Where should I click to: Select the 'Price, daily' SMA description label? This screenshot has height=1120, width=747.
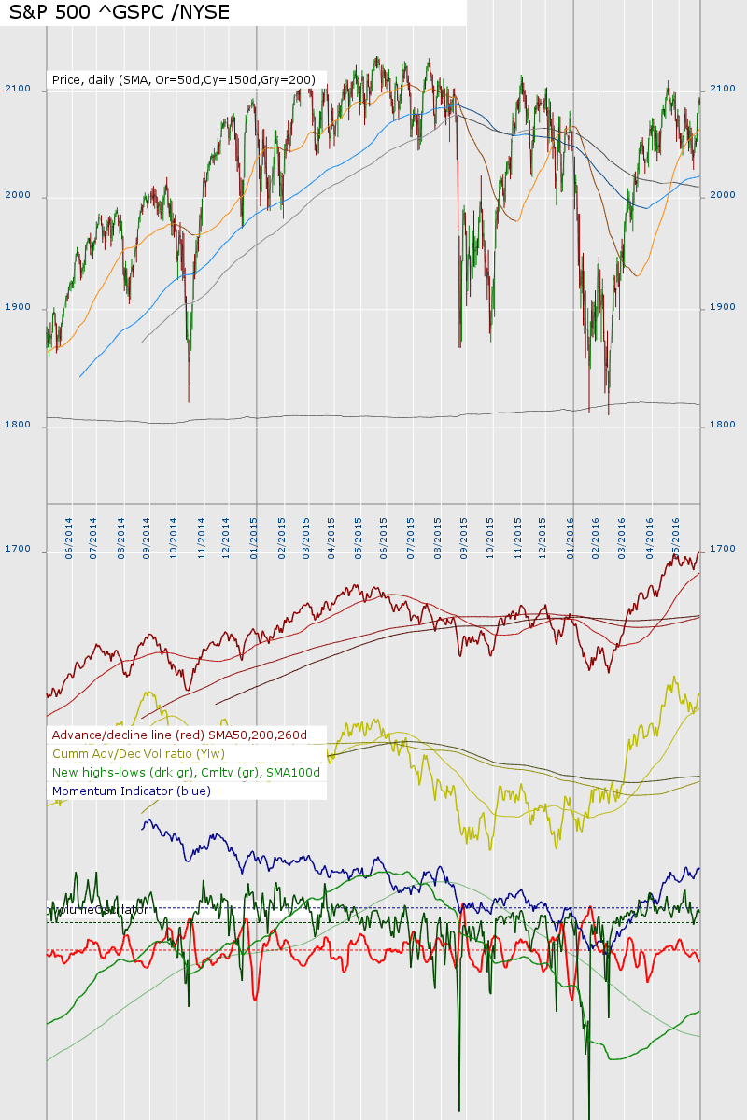click(x=183, y=80)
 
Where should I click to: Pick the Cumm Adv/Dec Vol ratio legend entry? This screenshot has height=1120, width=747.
click(x=138, y=753)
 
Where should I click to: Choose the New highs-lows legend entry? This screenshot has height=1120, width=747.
click(x=186, y=772)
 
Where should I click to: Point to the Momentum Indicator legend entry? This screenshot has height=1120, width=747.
click(x=131, y=791)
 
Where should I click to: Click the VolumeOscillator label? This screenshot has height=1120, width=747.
click(x=98, y=909)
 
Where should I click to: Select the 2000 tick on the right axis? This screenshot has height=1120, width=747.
click(x=724, y=195)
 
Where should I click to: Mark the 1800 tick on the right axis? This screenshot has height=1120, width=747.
click(x=724, y=424)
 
